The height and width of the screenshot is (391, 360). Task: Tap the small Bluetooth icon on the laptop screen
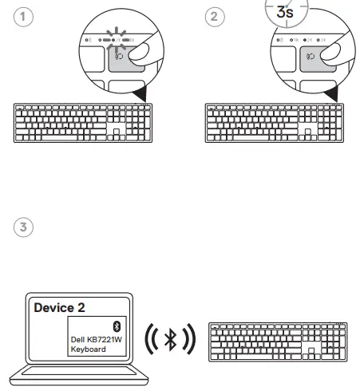[116, 326]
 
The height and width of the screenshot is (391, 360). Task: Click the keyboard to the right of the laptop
[277, 342]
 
